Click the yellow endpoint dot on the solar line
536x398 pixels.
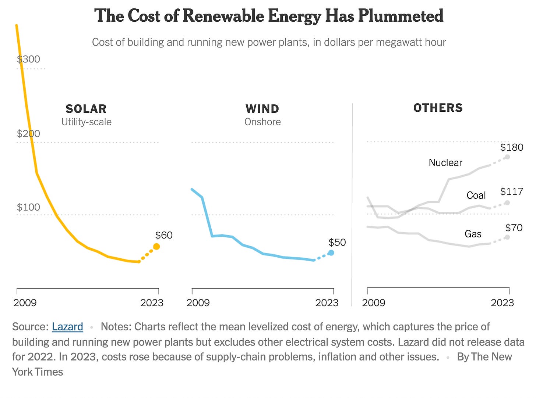[x=156, y=247]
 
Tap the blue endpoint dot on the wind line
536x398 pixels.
[x=331, y=253]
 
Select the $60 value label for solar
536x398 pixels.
[x=164, y=235]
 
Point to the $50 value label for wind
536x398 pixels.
[x=337, y=243]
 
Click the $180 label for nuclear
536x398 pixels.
[x=511, y=147]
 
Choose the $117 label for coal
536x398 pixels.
[x=511, y=191]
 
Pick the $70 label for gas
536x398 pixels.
[x=514, y=228]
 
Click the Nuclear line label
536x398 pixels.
[x=445, y=163]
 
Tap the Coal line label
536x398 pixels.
[x=476, y=196]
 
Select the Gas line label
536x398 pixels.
[x=473, y=234]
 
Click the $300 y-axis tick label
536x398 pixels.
[x=28, y=59]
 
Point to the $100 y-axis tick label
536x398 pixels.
[x=28, y=207]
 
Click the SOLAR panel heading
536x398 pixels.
[x=86, y=109]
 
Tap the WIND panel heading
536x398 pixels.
[x=262, y=109]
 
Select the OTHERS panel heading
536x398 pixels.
[x=438, y=108]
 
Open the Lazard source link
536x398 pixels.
[x=67, y=327]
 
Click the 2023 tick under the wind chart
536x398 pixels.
[x=327, y=302]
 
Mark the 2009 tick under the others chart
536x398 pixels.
[x=374, y=302]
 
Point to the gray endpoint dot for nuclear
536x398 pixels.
[x=507, y=157]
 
